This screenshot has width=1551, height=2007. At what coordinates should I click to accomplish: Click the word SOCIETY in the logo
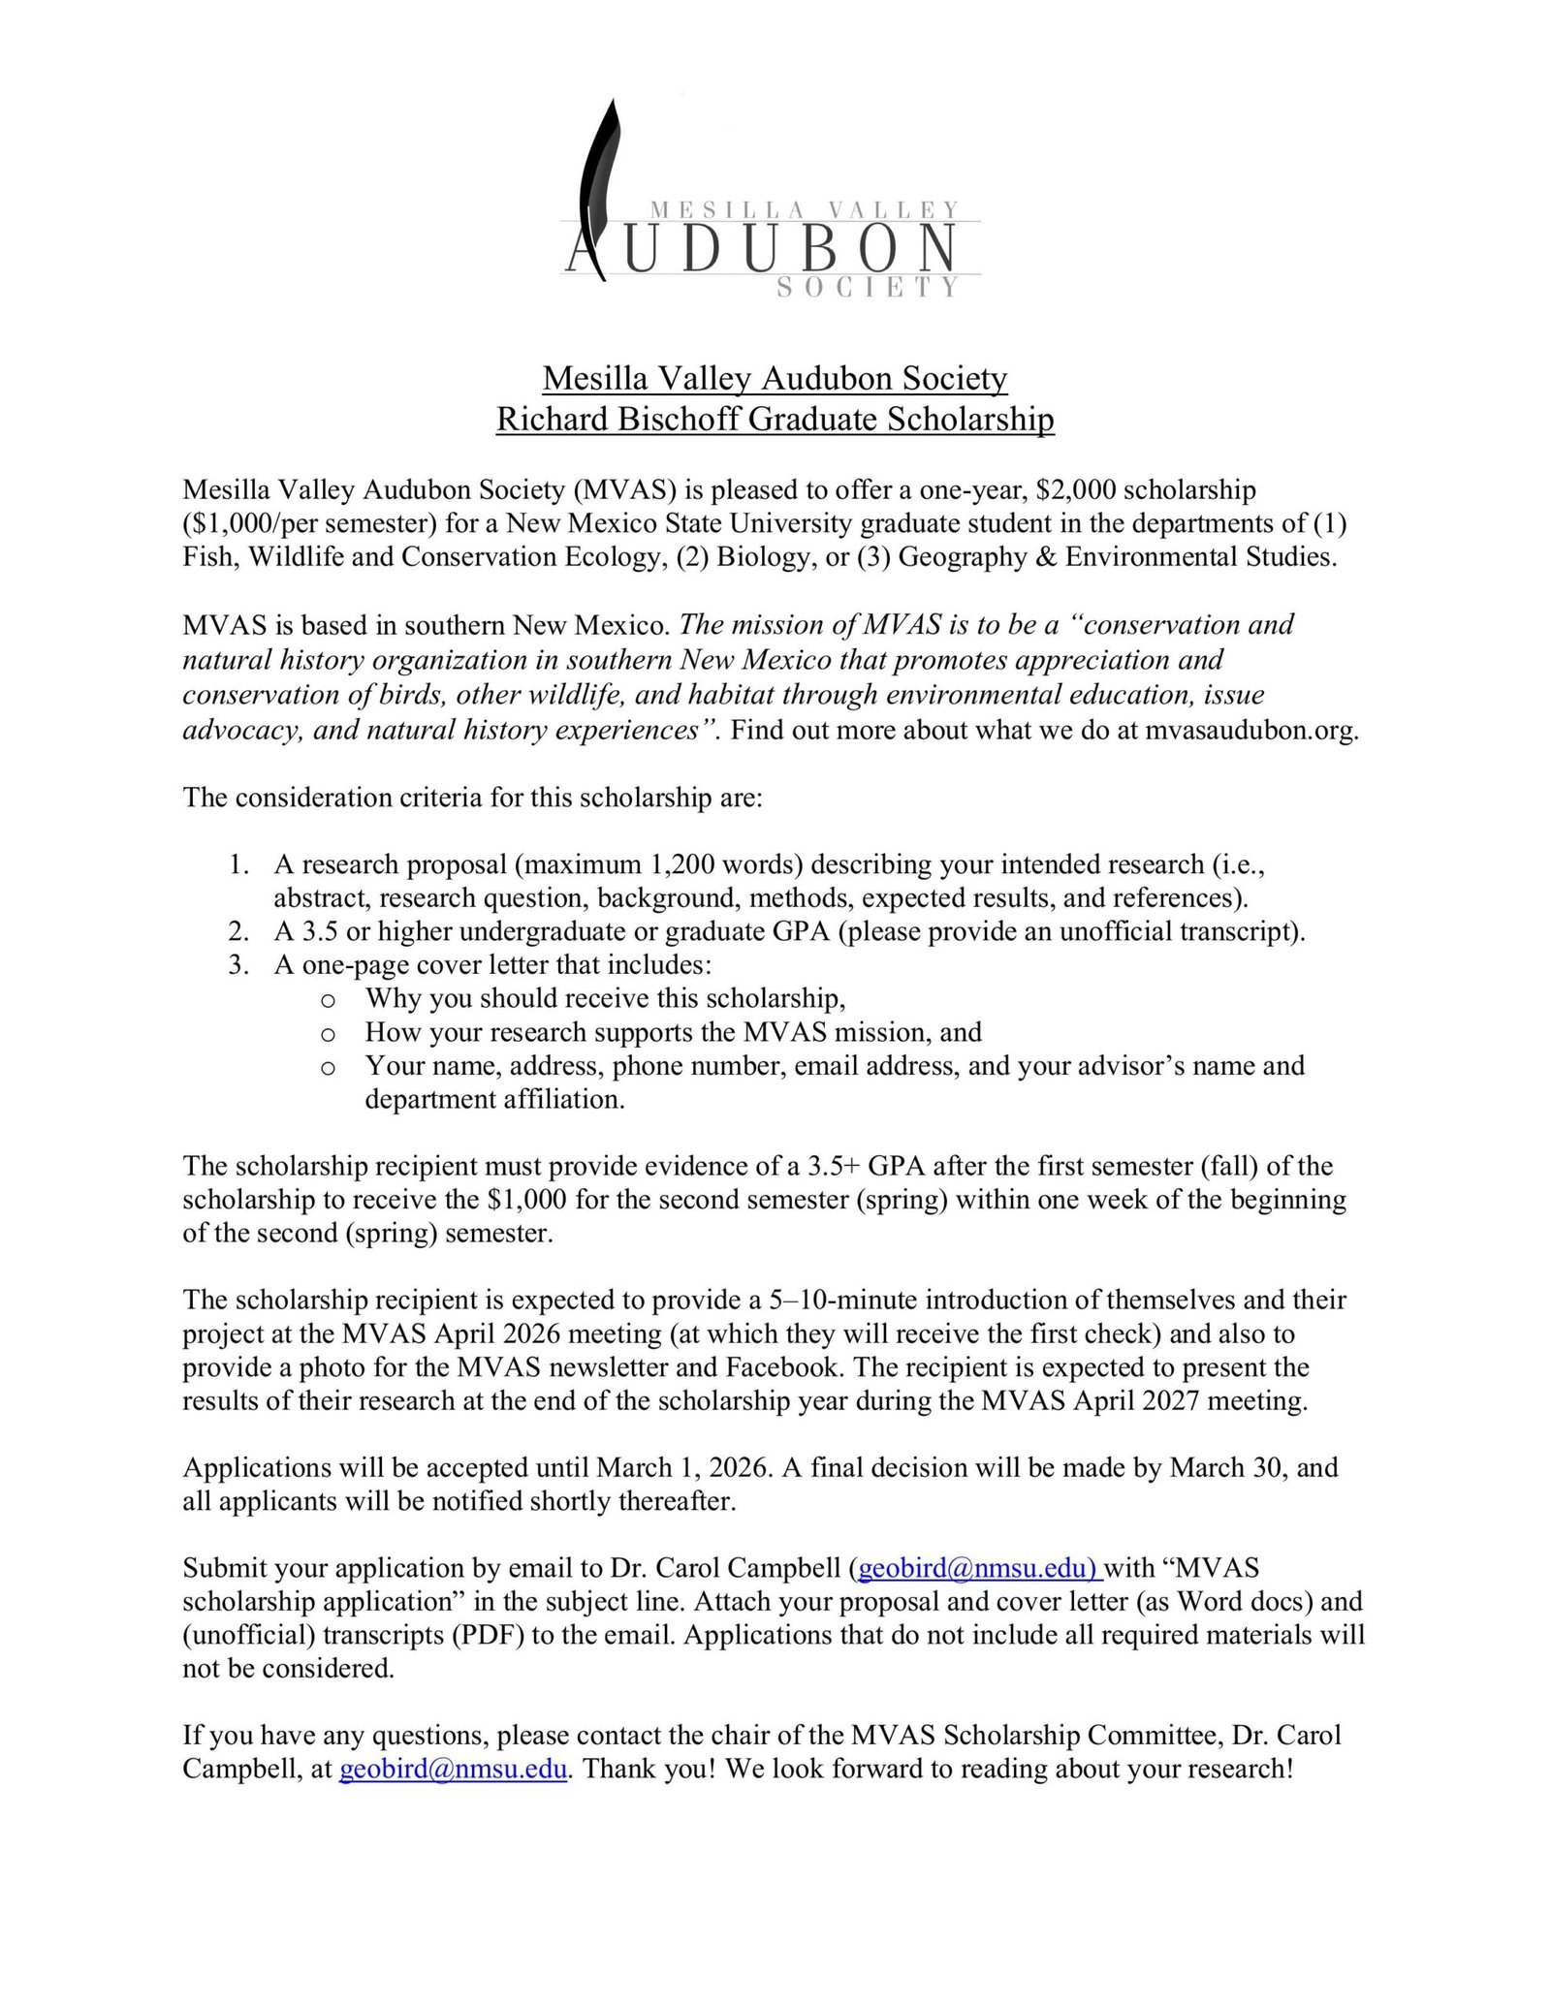(868, 287)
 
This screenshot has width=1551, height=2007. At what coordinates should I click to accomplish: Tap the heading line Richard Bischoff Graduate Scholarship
(775, 419)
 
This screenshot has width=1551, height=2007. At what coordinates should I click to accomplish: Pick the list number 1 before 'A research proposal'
(238, 863)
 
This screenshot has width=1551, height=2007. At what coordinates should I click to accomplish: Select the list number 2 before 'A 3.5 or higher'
(238, 931)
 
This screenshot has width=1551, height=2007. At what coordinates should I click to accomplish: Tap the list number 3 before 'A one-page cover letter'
(238, 965)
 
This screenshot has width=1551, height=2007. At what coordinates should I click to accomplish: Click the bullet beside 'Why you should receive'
(328, 1000)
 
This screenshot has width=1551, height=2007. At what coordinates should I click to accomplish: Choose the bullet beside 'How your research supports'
(328, 1034)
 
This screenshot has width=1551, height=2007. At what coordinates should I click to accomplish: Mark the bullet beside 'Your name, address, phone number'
(328, 1068)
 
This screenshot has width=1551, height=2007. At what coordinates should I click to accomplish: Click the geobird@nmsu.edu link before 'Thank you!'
(453, 1769)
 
